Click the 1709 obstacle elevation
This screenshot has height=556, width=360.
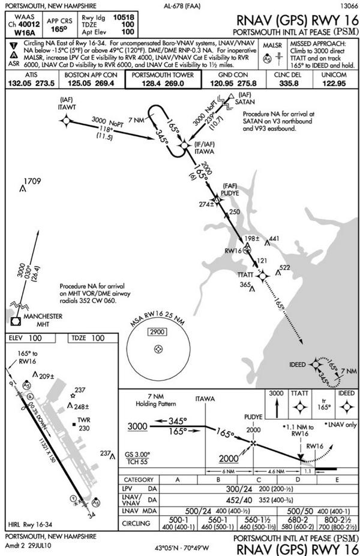[32, 181]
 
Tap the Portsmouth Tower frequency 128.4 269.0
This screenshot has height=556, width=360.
[162, 85]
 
